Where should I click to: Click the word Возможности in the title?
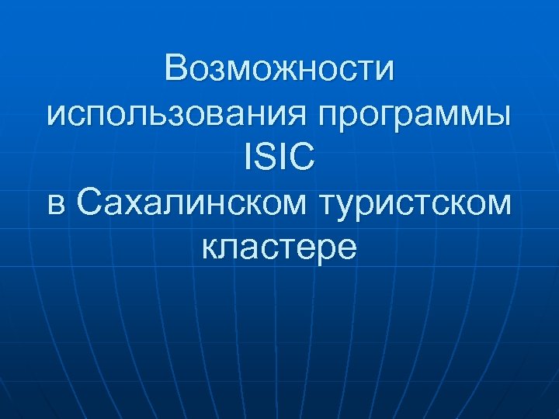[x=279, y=71]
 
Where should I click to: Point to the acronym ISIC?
[x=279, y=160]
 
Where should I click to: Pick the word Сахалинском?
[x=193, y=204]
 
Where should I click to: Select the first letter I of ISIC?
[x=248, y=160]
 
